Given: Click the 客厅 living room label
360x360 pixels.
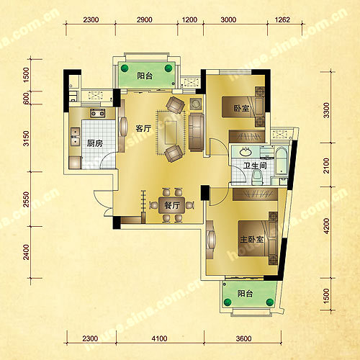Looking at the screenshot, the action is (143, 128).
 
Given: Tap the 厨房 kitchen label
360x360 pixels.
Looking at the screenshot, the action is (95, 143).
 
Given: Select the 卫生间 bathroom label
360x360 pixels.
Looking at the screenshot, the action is (255, 166).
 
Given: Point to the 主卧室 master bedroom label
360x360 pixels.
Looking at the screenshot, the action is (252, 239).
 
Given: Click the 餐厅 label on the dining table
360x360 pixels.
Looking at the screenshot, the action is (172, 205).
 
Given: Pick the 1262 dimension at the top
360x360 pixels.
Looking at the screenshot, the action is (282, 19).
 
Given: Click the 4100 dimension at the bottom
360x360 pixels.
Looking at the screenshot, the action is (159, 338).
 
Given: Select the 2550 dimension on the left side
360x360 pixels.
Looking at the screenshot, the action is (27, 199).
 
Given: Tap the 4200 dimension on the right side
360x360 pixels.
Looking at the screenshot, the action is (326, 226).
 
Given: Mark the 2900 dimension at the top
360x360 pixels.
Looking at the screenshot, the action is (145, 19).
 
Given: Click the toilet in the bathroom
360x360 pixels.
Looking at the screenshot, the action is (257, 177).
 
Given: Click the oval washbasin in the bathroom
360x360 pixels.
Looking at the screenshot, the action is (246, 151).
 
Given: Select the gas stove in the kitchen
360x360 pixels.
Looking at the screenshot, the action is (98, 113).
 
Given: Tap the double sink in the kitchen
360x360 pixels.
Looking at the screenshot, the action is (75, 137).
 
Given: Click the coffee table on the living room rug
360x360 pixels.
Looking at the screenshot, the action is (171, 132).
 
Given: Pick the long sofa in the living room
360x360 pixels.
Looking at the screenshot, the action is (197, 132).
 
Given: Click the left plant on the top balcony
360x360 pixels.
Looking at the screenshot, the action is (125, 68).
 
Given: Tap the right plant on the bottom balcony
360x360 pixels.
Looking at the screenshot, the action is (270, 302).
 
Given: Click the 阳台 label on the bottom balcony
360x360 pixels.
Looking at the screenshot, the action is (245, 293).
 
